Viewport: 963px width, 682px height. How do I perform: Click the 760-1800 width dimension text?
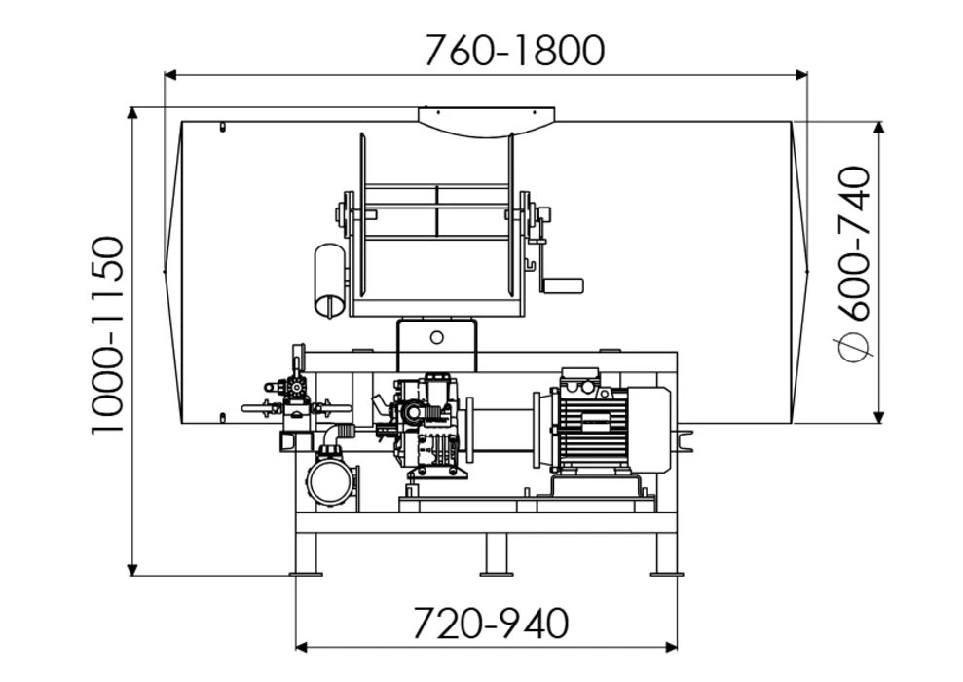(x=515, y=51)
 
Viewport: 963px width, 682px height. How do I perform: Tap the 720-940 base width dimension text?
(x=491, y=623)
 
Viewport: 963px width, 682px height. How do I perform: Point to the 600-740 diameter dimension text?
(x=854, y=244)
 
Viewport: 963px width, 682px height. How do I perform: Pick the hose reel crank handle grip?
(x=562, y=285)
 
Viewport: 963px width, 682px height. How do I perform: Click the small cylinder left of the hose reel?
(x=330, y=281)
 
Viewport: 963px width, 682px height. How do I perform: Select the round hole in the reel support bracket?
(x=436, y=337)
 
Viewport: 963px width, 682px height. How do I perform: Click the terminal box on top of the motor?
(x=579, y=377)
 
